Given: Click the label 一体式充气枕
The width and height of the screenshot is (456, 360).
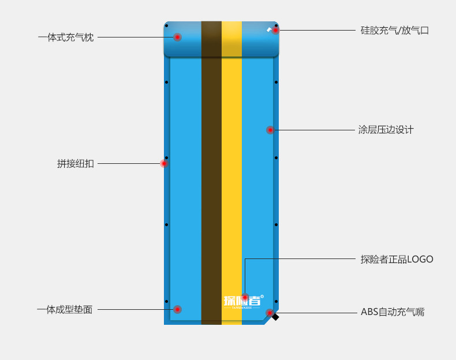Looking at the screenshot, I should (x=66, y=37).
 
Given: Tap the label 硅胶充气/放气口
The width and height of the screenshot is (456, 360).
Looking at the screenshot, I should (x=394, y=31).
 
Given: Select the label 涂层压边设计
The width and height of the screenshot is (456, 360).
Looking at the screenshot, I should (x=386, y=130).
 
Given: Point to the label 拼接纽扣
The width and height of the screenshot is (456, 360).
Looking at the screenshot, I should (x=75, y=164).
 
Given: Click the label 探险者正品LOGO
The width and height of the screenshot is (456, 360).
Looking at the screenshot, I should (x=397, y=260).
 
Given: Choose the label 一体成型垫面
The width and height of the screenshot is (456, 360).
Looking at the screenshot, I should (x=65, y=310).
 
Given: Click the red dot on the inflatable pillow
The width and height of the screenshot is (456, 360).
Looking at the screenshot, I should (x=177, y=37).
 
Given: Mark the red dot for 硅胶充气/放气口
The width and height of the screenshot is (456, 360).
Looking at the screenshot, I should (x=275, y=30).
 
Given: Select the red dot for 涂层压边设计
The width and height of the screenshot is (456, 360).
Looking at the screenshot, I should (x=270, y=130).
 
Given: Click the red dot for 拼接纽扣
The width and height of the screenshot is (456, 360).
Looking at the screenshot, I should (x=164, y=163).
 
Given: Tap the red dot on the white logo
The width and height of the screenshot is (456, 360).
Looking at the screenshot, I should (x=245, y=297).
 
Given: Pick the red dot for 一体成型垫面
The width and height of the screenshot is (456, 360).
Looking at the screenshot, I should (x=177, y=309).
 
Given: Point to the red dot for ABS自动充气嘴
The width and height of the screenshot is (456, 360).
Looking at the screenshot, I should (x=270, y=313).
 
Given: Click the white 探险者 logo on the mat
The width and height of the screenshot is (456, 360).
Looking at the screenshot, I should (x=236, y=301).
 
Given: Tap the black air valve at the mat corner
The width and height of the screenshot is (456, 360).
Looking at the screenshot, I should (x=276, y=317).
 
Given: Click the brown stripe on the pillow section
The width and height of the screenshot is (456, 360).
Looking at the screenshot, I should (x=211, y=39).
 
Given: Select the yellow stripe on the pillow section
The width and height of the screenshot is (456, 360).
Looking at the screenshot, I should (x=231, y=39).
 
